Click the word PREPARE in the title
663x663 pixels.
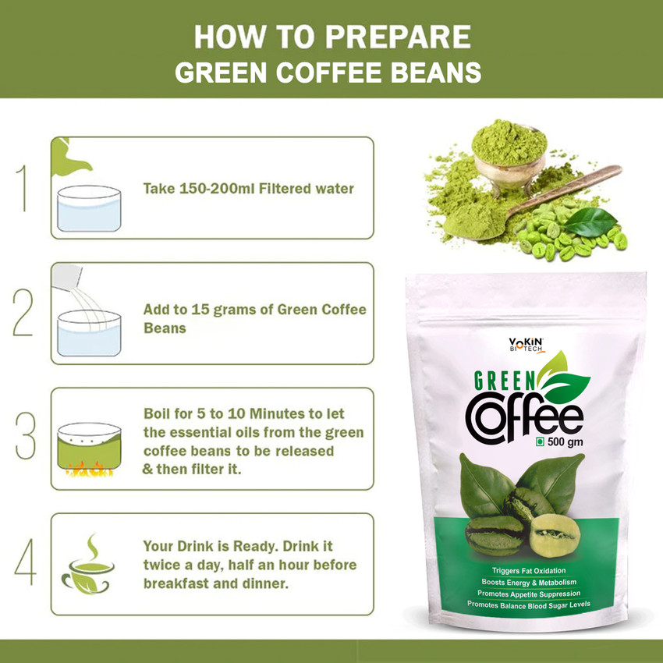tap(398, 37)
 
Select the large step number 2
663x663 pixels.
tap(23, 313)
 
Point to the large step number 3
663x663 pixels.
tap(26, 436)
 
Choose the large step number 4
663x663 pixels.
tap(26, 562)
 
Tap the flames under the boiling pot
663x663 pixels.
tap(89, 470)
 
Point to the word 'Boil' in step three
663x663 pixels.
tap(157, 413)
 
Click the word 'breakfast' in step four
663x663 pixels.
tap(176, 583)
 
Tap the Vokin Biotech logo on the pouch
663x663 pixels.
tap(526, 345)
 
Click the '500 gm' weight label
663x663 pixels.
tap(565, 441)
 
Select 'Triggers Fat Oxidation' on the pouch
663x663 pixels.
tap(529, 571)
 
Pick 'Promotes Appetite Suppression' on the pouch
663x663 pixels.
tap(529, 594)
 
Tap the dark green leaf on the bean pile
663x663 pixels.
tap(590, 222)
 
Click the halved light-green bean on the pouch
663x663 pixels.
tap(555, 535)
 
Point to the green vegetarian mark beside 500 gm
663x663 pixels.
tap(540, 441)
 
